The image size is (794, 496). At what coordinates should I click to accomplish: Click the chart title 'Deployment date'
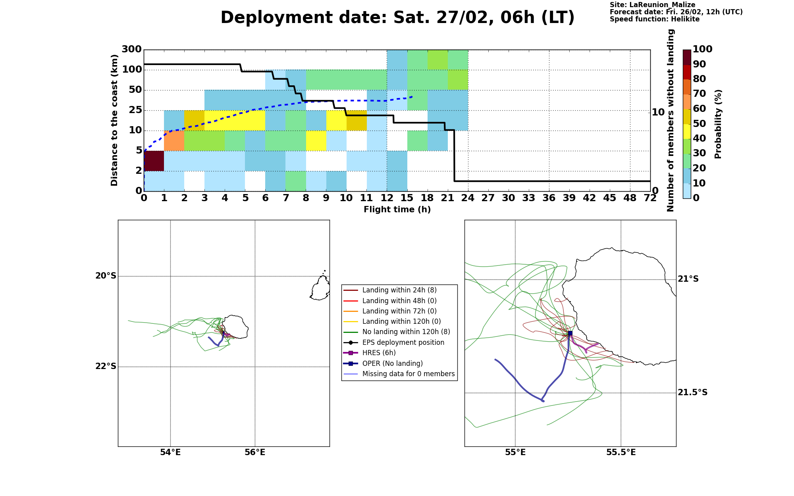click(304, 18)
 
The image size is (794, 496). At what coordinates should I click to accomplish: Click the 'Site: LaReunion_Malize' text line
click(652, 5)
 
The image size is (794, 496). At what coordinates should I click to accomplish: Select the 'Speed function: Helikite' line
click(655, 19)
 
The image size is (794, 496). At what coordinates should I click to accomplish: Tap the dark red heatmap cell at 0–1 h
click(154, 161)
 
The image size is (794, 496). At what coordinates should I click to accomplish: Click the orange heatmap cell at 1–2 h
click(174, 140)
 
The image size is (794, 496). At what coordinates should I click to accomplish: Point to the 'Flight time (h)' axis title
click(397, 210)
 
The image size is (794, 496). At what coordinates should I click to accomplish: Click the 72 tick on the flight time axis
click(650, 198)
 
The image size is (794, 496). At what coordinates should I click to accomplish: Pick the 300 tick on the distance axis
click(131, 50)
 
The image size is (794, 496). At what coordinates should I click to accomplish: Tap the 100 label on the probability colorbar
click(702, 49)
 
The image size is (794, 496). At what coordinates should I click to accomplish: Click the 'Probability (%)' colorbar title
click(718, 124)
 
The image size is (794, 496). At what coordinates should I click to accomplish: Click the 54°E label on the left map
click(170, 452)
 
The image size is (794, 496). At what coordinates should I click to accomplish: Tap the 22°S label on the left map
click(106, 366)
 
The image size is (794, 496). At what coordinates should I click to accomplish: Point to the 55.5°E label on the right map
click(621, 452)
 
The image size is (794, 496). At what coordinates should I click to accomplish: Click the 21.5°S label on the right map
click(692, 392)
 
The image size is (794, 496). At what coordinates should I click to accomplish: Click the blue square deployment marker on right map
click(570, 333)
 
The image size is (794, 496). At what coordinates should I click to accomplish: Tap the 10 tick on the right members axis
click(658, 112)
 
